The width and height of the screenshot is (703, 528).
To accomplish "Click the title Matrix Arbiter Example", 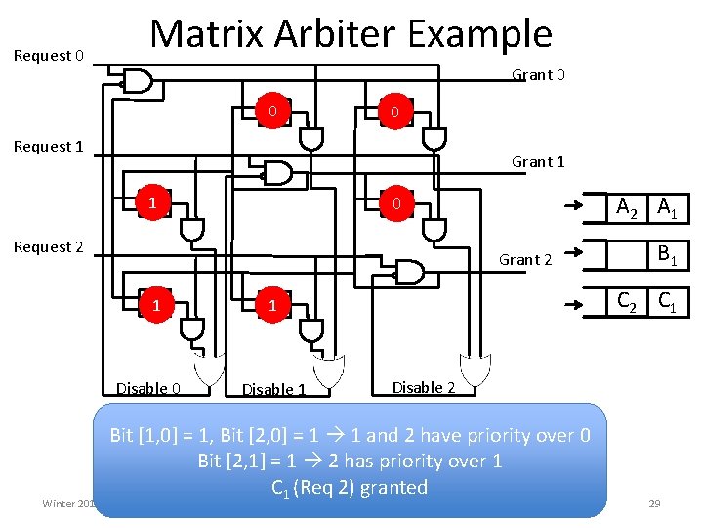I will click(x=351, y=34).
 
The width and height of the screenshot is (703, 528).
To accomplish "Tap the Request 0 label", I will click(x=49, y=56).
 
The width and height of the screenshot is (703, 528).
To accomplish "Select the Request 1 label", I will click(x=48, y=147).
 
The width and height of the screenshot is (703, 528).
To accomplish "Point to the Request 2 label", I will click(x=48, y=247).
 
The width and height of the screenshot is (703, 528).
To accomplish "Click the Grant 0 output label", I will click(x=539, y=75).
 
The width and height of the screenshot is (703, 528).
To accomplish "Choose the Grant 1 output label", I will click(x=538, y=162).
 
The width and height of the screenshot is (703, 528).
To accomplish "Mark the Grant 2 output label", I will click(x=525, y=259).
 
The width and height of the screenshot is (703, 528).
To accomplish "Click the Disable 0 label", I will click(x=148, y=388).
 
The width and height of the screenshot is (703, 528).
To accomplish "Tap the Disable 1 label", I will click(x=273, y=389).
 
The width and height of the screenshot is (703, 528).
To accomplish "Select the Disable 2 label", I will click(x=423, y=387).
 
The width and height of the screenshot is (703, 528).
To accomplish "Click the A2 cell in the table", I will click(x=626, y=207).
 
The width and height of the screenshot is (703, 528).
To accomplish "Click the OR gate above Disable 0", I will click(x=208, y=369).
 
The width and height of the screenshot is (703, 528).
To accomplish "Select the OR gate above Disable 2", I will click(x=476, y=369).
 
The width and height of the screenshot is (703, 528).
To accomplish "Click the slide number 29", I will click(x=654, y=504).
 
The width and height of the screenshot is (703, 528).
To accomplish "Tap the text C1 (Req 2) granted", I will click(x=350, y=487).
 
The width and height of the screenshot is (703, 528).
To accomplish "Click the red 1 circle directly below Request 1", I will click(x=152, y=203).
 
